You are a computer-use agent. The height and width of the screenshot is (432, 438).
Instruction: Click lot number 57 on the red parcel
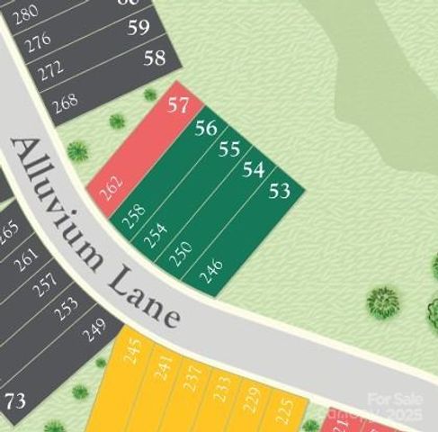click(x=178, y=104)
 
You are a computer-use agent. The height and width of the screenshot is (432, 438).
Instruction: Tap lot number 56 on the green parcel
click(x=205, y=128)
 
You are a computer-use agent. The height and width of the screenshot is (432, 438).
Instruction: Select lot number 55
click(x=229, y=148)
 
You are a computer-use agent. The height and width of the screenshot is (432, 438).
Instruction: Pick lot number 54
click(x=254, y=169)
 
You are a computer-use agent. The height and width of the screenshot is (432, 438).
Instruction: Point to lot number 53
click(x=280, y=190)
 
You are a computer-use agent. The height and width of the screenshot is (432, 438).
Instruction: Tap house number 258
click(x=134, y=216)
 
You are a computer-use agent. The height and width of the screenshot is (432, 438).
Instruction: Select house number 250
click(x=182, y=253)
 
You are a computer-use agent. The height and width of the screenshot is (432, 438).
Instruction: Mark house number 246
click(x=210, y=271)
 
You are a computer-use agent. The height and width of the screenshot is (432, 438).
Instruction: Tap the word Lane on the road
click(x=144, y=297)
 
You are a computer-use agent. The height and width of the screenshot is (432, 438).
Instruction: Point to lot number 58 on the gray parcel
click(x=155, y=58)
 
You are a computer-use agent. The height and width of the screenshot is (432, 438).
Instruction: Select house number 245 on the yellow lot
click(x=133, y=350)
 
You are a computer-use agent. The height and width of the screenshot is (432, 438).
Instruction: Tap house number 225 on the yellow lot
click(x=283, y=409)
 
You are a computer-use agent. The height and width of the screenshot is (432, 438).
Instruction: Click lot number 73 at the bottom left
click(x=15, y=400)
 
